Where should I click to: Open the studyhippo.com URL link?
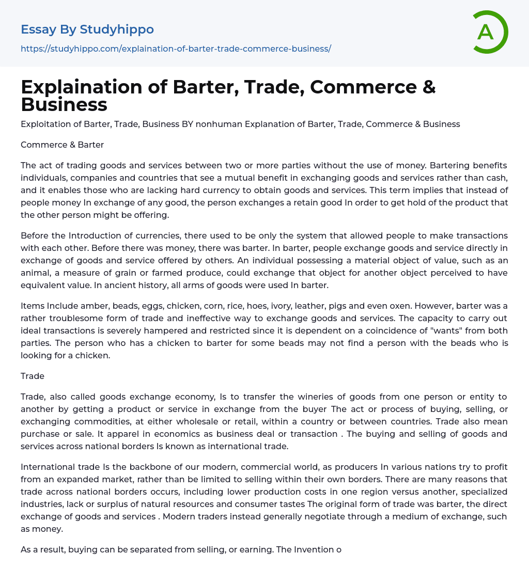176,49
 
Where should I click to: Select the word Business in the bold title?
64,104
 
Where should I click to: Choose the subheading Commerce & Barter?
62,145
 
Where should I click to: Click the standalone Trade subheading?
33,376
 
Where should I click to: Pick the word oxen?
396,306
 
